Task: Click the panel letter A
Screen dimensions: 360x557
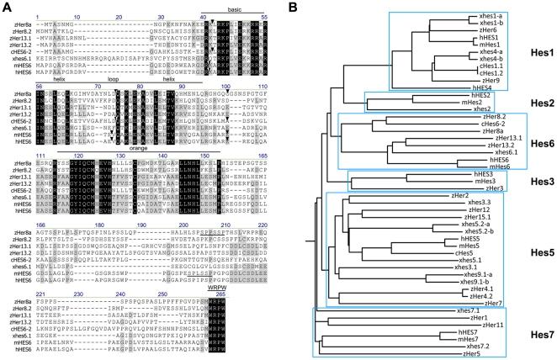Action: [x=5, y=7]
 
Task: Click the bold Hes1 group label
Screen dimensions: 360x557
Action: [x=532, y=52]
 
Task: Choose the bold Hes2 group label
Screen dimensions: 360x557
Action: [x=532, y=102]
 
